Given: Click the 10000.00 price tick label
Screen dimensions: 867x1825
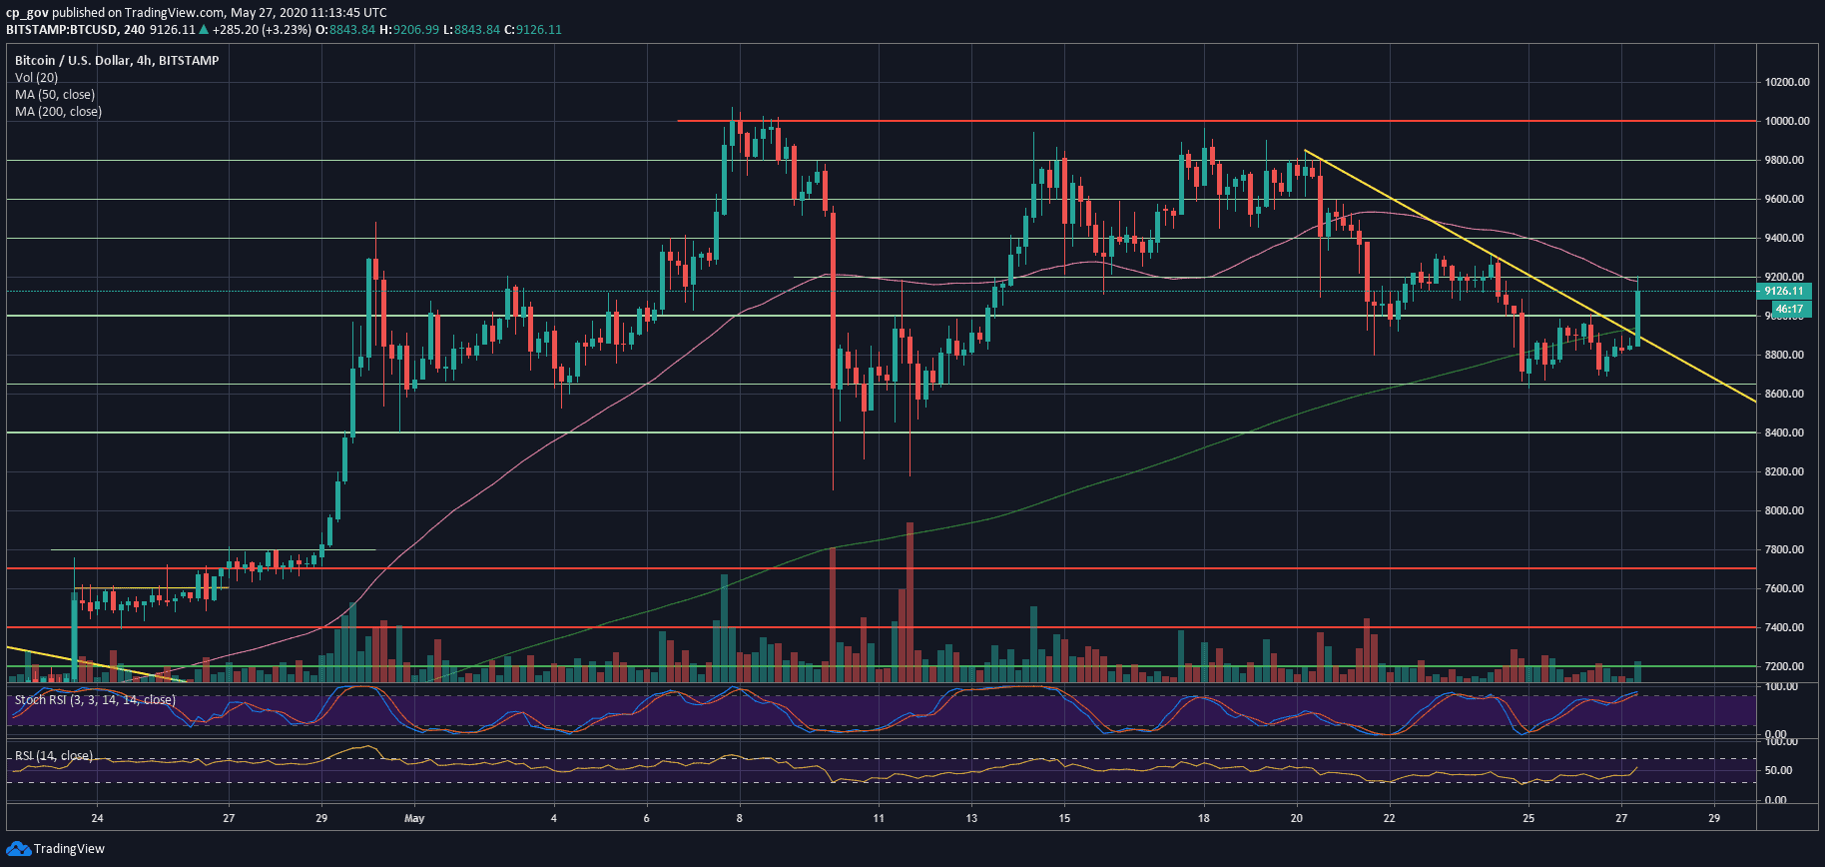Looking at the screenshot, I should click(x=1785, y=121).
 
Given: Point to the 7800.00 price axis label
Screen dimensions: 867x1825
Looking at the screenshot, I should click(x=1785, y=549).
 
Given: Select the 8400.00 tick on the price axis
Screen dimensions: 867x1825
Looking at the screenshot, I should click(x=1785, y=433).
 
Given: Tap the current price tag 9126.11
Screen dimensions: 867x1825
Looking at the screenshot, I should click(x=1783, y=292).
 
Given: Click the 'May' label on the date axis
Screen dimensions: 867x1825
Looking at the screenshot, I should click(x=414, y=818).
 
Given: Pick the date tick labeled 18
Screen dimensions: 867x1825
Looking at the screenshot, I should click(x=1204, y=818).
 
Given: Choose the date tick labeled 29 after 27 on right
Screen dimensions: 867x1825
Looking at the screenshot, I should click(x=1714, y=818).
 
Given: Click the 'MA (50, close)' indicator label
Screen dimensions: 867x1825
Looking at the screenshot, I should click(x=55, y=95).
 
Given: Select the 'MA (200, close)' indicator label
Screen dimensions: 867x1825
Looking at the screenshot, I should click(x=58, y=112).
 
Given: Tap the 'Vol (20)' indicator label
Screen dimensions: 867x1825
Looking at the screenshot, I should click(x=36, y=78).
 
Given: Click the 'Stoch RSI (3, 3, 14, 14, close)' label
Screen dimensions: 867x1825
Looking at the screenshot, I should click(x=95, y=700).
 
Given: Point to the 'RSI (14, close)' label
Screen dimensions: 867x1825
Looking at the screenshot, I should click(x=54, y=756).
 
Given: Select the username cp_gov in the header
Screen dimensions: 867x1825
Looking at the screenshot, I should click(x=27, y=13).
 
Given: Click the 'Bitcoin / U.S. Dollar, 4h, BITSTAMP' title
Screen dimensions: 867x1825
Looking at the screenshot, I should click(x=117, y=61).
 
